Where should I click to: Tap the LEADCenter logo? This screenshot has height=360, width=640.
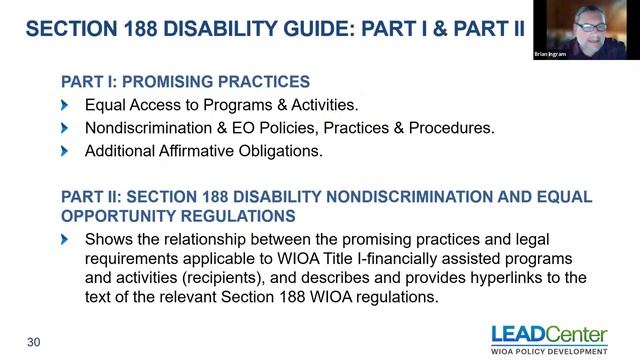[549, 334]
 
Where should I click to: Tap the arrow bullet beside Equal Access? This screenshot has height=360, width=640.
[65, 105]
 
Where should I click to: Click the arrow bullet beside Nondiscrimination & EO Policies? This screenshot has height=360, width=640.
[65, 128]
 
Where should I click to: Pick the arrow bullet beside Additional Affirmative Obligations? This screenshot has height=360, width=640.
[65, 151]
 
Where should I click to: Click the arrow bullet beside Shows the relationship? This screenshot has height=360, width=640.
[65, 240]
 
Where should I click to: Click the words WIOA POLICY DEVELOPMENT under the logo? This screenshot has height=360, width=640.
[549, 350]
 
